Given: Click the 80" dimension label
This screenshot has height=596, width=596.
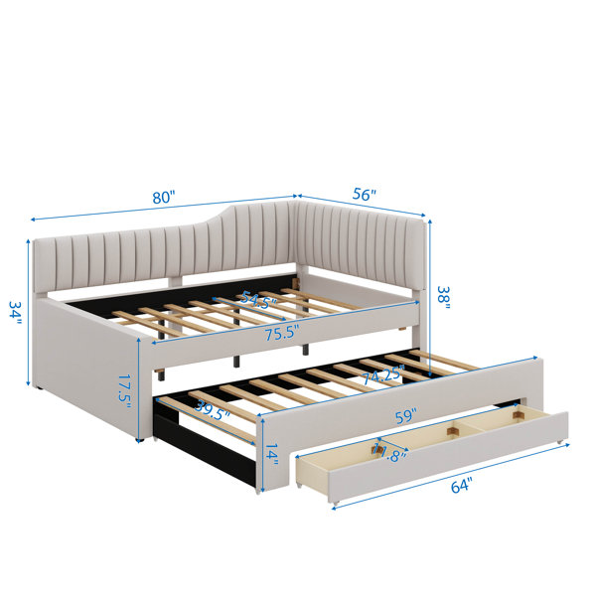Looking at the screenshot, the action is pyautogui.click(x=164, y=198).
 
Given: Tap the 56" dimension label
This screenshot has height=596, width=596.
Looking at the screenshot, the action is pyautogui.click(x=364, y=195).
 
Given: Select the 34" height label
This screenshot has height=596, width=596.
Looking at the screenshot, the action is pyautogui.click(x=16, y=313).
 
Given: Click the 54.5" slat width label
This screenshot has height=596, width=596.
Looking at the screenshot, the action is pyautogui.click(x=259, y=300).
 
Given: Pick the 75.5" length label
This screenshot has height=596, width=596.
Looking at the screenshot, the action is pyautogui.click(x=282, y=334).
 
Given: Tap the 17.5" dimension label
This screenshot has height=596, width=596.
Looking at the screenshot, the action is pyautogui.click(x=124, y=391).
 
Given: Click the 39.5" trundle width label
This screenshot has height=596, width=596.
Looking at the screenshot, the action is pyautogui.click(x=213, y=410).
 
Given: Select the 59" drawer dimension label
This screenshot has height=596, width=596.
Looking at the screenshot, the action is pyautogui.click(x=406, y=416).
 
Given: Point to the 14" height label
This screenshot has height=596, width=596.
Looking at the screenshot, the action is pyautogui.click(x=272, y=455).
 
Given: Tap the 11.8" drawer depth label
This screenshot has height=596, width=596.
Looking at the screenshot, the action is pyautogui.click(x=389, y=453).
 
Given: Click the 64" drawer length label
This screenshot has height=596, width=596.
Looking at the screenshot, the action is pyautogui.click(x=462, y=486).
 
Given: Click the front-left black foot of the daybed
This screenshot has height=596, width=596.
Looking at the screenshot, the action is pyautogui.click(x=141, y=439).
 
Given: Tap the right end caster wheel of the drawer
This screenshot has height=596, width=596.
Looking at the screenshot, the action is pyautogui.click(x=559, y=442).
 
